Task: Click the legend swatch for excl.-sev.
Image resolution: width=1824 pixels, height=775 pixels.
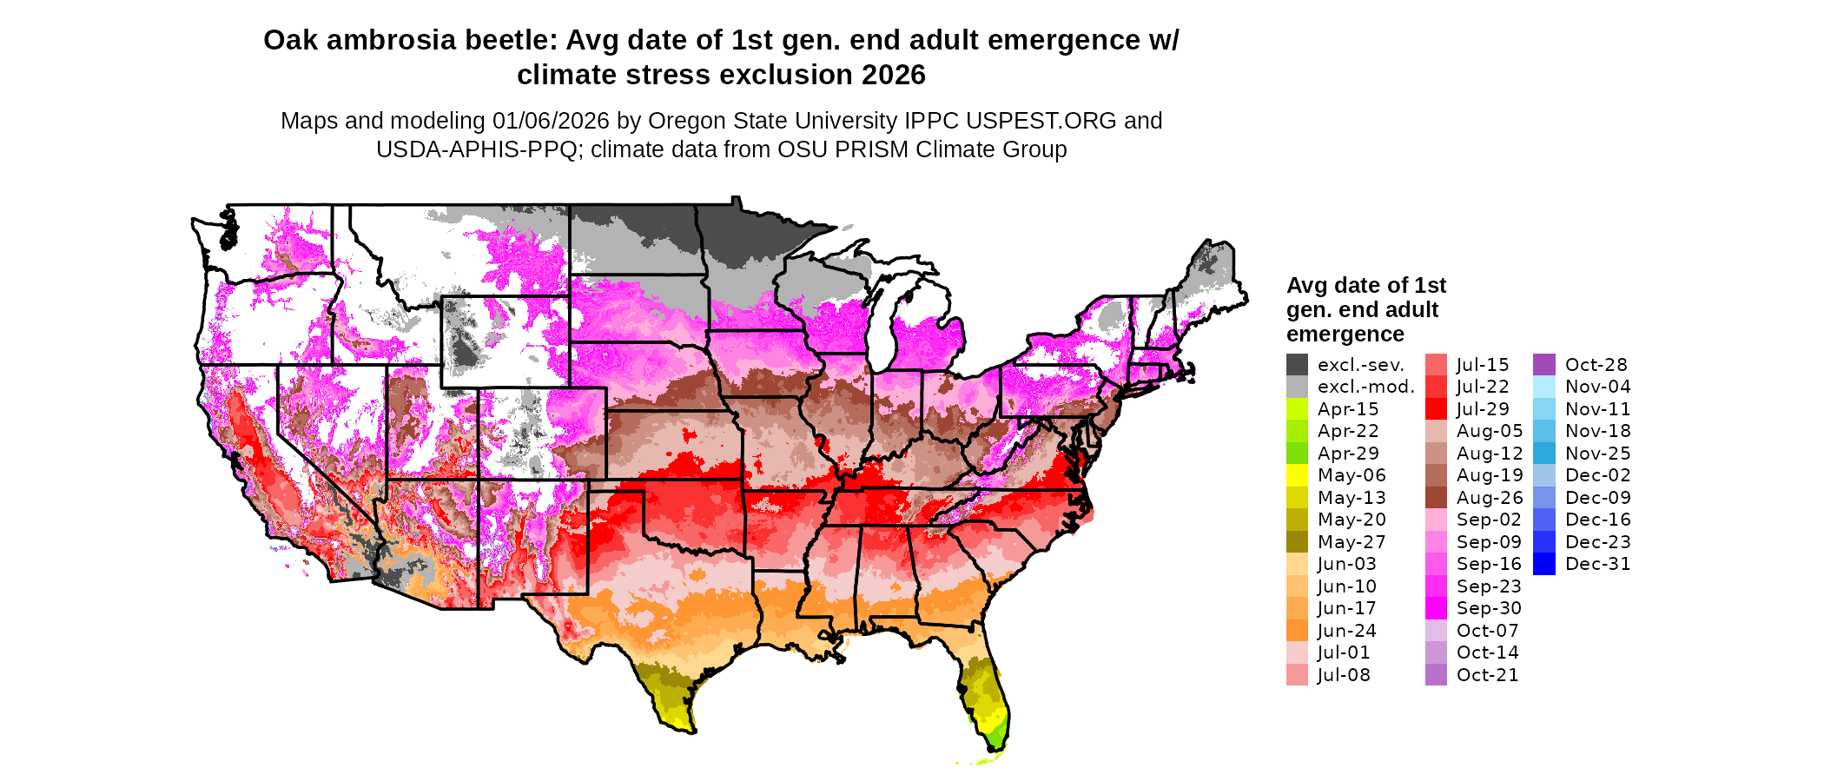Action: coord(1297,365)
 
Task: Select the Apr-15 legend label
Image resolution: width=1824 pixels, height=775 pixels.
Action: coord(1348,409)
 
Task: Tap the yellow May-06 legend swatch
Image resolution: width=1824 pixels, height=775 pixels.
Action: coord(1297,475)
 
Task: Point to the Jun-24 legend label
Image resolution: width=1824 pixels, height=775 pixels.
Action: coord(1347,631)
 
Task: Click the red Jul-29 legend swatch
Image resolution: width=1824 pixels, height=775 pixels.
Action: coord(1436,409)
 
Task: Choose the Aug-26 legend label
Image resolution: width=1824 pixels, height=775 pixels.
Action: coord(1490,498)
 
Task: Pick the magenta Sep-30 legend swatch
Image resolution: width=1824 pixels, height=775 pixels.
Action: coord(1436,608)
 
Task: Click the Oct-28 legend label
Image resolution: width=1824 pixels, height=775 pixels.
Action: coord(1596,365)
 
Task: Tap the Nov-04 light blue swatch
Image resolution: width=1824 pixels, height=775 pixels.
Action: coord(1544,387)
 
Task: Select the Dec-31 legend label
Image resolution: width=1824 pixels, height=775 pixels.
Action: coord(1597,564)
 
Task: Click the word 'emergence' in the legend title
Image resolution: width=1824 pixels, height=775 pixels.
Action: coord(1345,335)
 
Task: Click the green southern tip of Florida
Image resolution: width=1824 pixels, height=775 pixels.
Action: coord(996,739)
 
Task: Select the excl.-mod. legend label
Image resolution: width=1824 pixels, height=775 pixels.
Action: coord(1365,387)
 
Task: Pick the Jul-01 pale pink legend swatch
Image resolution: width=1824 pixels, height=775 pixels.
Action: coord(1297,652)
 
